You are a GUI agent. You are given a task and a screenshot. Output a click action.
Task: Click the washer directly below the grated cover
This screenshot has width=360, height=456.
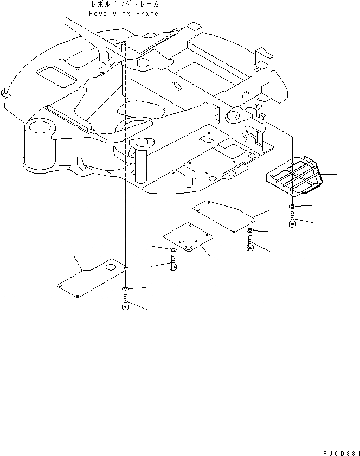coord(292,208)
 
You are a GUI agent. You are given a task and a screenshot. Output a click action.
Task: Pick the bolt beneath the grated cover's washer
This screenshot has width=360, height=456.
coord(292,221)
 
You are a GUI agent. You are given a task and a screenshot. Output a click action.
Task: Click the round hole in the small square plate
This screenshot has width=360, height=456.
coord(190,248)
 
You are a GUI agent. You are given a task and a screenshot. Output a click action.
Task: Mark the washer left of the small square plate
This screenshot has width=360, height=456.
coord(172,249)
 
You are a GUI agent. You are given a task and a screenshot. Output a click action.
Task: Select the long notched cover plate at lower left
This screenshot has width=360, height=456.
coord(92,277)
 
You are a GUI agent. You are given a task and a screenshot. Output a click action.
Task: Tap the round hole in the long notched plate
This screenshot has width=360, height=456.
coord(111,267)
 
